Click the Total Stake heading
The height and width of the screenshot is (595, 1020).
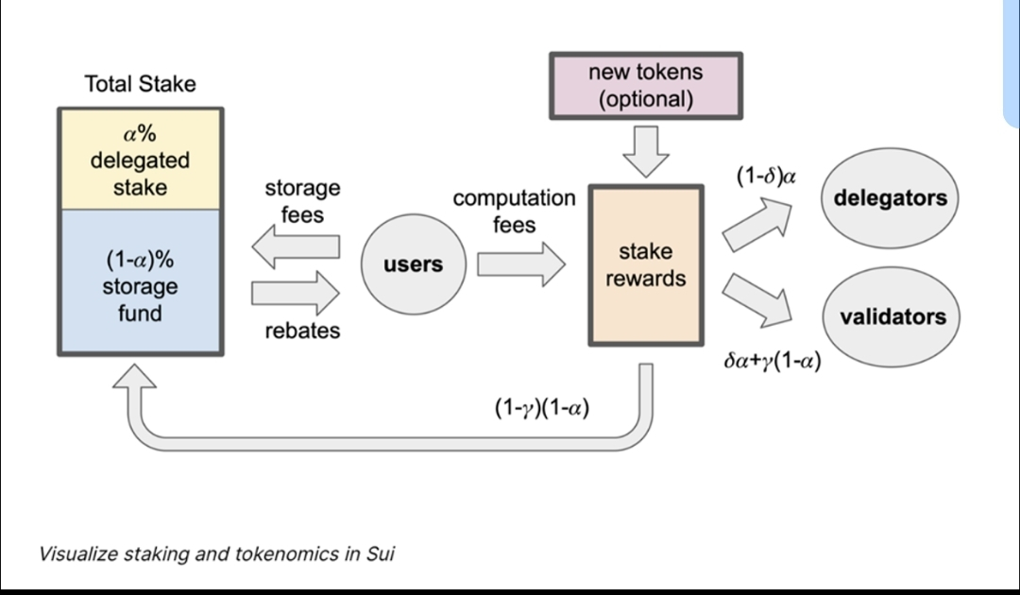(140, 84)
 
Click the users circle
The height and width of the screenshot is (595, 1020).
(413, 264)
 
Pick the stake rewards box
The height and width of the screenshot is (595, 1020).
(646, 265)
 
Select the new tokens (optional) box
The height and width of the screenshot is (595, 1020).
(646, 86)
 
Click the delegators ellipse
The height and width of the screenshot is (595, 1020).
(889, 198)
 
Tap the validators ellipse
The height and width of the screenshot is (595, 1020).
(892, 316)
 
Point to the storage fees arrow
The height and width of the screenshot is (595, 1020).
(296, 247)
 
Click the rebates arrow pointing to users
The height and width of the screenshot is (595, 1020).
(296, 293)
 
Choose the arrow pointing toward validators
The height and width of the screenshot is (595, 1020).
(758, 300)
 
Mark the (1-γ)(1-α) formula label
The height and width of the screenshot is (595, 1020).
(542, 407)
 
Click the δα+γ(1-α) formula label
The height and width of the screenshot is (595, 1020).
(772, 361)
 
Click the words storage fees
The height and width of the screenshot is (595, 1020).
(302, 201)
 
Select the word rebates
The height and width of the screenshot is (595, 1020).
(302, 331)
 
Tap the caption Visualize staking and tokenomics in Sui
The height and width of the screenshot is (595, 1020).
(216, 553)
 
